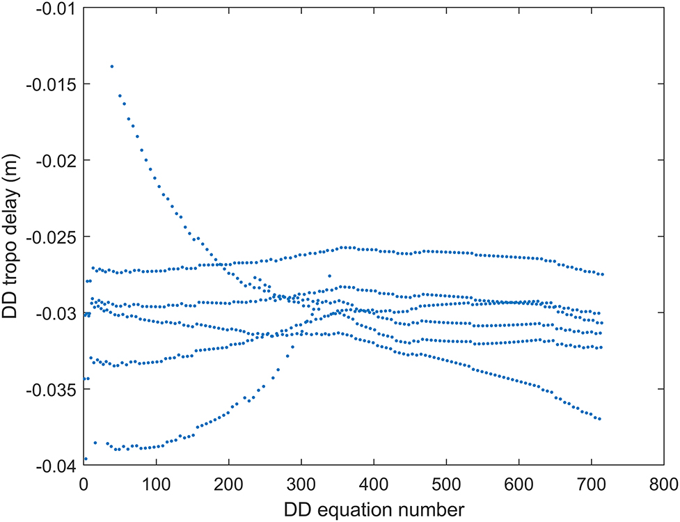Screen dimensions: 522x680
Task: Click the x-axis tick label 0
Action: [84, 482]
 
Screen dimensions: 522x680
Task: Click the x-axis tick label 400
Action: [374, 482]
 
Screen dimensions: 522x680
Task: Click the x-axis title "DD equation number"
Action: [374, 509]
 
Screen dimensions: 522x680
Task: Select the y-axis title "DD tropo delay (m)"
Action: [12, 237]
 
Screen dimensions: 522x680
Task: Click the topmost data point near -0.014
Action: [112, 66]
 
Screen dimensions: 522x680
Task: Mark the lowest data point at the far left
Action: [85, 459]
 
